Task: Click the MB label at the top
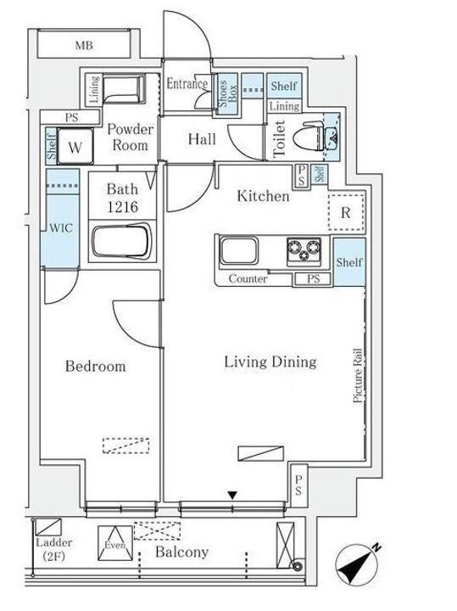click(x=84, y=46)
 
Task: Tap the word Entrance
click(x=187, y=83)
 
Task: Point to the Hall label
click(x=202, y=139)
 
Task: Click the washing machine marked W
click(x=75, y=147)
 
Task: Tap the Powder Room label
click(x=130, y=137)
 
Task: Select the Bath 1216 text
click(x=122, y=198)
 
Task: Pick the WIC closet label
click(x=61, y=227)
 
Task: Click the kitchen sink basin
click(x=238, y=250)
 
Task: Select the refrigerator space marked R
click(x=346, y=213)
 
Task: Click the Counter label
click(x=248, y=278)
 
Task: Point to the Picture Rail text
click(x=358, y=375)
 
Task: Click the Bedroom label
click(x=95, y=367)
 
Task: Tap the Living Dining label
click(x=270, y=362)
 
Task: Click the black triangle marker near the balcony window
click(x=232, y=496)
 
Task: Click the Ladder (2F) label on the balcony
click(x=54, y=549)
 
